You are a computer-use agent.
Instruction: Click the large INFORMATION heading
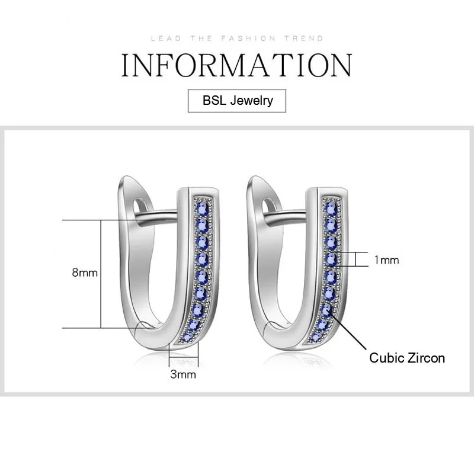pos(236,65)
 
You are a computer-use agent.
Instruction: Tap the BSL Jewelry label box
pos(236,100)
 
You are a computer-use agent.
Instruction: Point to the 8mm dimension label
pos(84,273)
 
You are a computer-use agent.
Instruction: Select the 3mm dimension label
pos(182,374)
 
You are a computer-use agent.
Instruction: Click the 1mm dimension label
pos(386,260)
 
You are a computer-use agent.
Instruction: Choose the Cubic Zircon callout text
pos(406,357)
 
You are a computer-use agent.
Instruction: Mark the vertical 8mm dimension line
pos(101,274)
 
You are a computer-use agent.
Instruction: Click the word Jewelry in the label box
pos(253,100)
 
